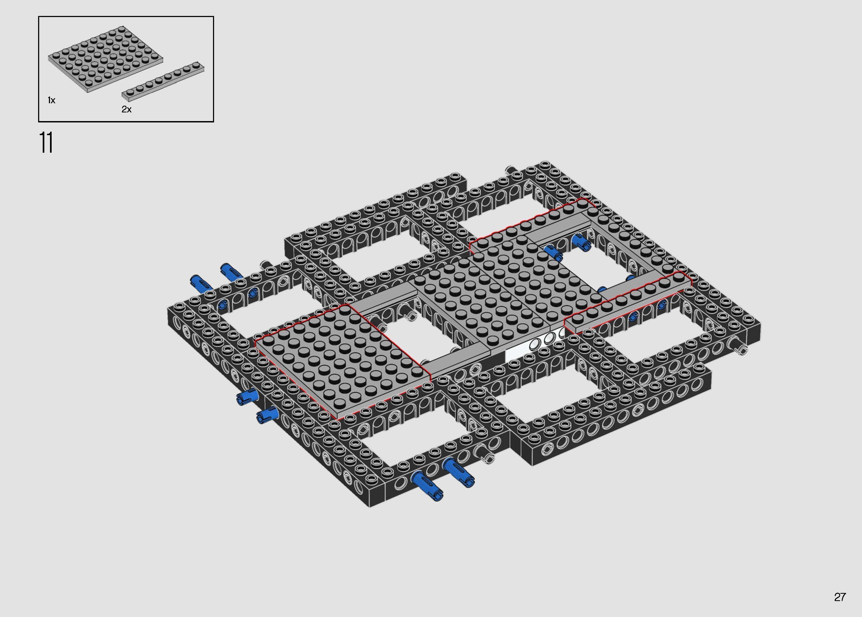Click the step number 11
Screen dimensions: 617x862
[x=46, y=143]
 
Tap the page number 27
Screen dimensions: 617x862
[x=840, y=597]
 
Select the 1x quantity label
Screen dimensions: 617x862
[x=51, y=100]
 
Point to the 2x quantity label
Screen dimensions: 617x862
[x=127, y=109]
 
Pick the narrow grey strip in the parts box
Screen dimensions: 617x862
[x=163, y=81]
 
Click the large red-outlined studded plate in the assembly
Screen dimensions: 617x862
[x=342, y=361]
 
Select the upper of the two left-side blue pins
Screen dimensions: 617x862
[x=247, y=397]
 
